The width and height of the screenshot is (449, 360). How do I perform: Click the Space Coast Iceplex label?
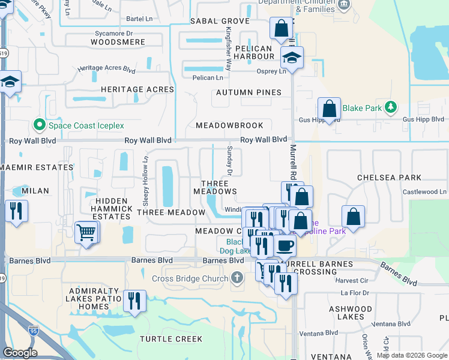(86, 125)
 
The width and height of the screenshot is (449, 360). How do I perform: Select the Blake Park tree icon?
(391, 108)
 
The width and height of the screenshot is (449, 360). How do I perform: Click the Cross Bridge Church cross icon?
(238, 278)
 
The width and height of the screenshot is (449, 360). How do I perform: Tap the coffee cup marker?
(285, 245)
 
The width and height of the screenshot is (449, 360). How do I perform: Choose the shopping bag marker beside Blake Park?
(329, 109)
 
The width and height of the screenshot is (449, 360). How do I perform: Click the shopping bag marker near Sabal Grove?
(281, 28)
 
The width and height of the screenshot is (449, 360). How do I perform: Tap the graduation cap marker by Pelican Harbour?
(292, 58)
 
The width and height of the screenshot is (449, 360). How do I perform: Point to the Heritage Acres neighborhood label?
(137, 89)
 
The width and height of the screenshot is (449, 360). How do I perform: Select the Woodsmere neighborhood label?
(118, 42)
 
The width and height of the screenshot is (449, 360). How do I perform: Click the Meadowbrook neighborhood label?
(229, 125)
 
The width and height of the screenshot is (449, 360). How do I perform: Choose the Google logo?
(20, 353)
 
